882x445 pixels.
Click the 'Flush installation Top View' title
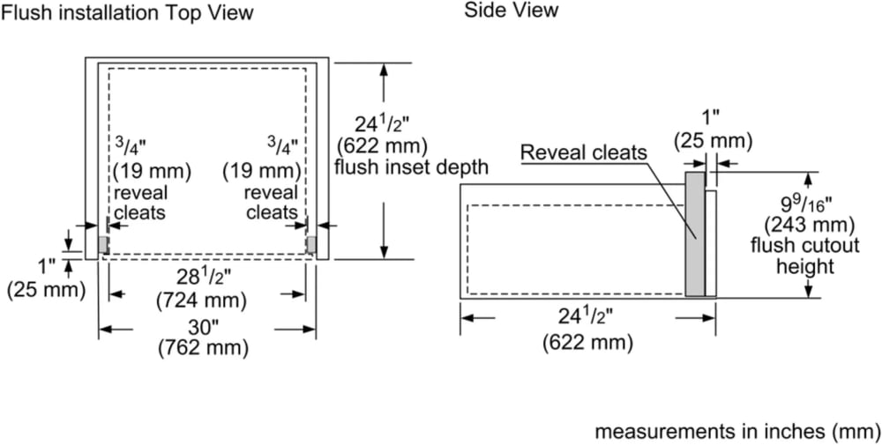point(128,13)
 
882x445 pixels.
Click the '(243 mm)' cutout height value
point(792,224)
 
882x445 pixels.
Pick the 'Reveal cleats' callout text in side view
point(584,152)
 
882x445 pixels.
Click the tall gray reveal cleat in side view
point(695,234)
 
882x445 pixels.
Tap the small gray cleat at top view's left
point(103,243)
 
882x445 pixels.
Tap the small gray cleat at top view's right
point(310,243)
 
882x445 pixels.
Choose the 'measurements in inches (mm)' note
point(737,432)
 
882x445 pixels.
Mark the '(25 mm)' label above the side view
point(713,140)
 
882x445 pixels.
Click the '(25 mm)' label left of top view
point(47,288)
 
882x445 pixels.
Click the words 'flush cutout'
point(792,244)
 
